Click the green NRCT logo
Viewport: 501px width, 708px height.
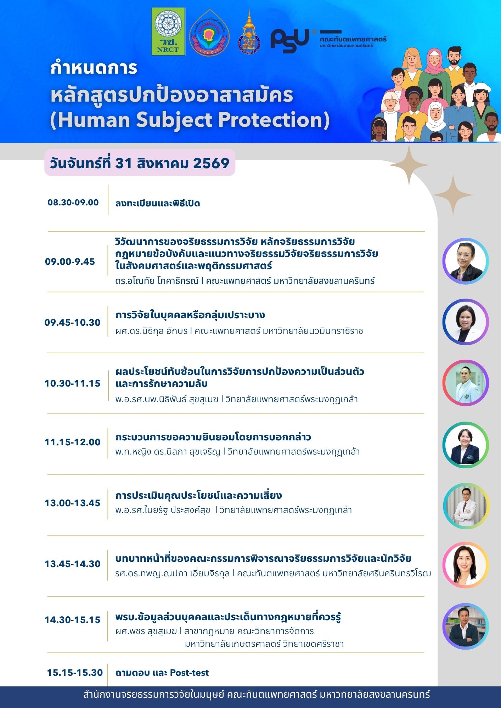click(168, 32)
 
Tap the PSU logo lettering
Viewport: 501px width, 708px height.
click(290, 41)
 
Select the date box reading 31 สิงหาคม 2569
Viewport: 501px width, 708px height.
click(140, 163)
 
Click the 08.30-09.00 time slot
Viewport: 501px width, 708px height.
click(73, 202)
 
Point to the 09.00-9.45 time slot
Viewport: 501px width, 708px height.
click(70, 262)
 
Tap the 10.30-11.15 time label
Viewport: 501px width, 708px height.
click(72, 383)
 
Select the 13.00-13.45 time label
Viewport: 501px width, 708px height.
click(72, 503)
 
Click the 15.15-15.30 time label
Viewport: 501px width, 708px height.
click(75, 673)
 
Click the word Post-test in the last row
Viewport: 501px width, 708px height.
click(190, 673)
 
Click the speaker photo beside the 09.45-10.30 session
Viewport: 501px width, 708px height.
click(466, 322)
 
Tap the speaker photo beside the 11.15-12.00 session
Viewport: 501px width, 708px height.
click(466, 445)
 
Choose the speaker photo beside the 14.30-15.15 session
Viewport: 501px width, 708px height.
click(466, 626)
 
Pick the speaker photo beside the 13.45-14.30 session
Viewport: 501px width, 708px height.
click(466, 565)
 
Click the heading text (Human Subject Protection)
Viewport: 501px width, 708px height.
click(190, 120)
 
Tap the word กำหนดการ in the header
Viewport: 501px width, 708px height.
click(94, 68)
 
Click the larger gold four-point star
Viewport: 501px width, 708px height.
click(409, 165)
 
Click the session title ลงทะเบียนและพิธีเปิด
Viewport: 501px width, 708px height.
click(158, 203)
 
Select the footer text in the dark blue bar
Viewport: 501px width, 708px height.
click(257, 694)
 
